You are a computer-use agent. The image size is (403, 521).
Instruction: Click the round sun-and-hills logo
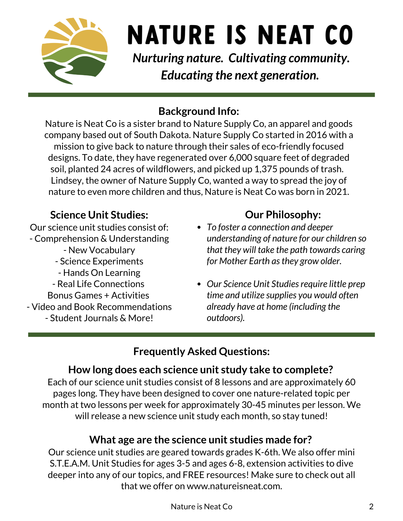tap(75, 51)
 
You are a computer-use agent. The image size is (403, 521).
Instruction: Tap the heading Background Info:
tap(199, 111)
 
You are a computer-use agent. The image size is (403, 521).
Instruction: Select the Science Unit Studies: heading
tap(99, 215)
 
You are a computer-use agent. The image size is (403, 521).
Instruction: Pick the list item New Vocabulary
tap(99, 250)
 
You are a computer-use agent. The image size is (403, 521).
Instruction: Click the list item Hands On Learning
tap(99, 273)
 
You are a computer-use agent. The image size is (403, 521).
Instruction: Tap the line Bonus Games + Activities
tap(98, 295)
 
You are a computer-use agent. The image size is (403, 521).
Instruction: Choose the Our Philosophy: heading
tap(283, 215)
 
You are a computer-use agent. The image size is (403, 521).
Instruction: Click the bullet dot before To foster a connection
tap(199, 227)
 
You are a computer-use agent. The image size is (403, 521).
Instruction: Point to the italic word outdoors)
tap(226, 318)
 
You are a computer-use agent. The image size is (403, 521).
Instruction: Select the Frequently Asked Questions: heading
tap(201, 351)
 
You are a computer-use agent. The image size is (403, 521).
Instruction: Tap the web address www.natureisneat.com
tap(234, 486)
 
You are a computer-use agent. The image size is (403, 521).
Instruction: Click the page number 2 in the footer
tap(371, 506)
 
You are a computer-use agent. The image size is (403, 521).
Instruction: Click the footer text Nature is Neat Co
tap(201, 506)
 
